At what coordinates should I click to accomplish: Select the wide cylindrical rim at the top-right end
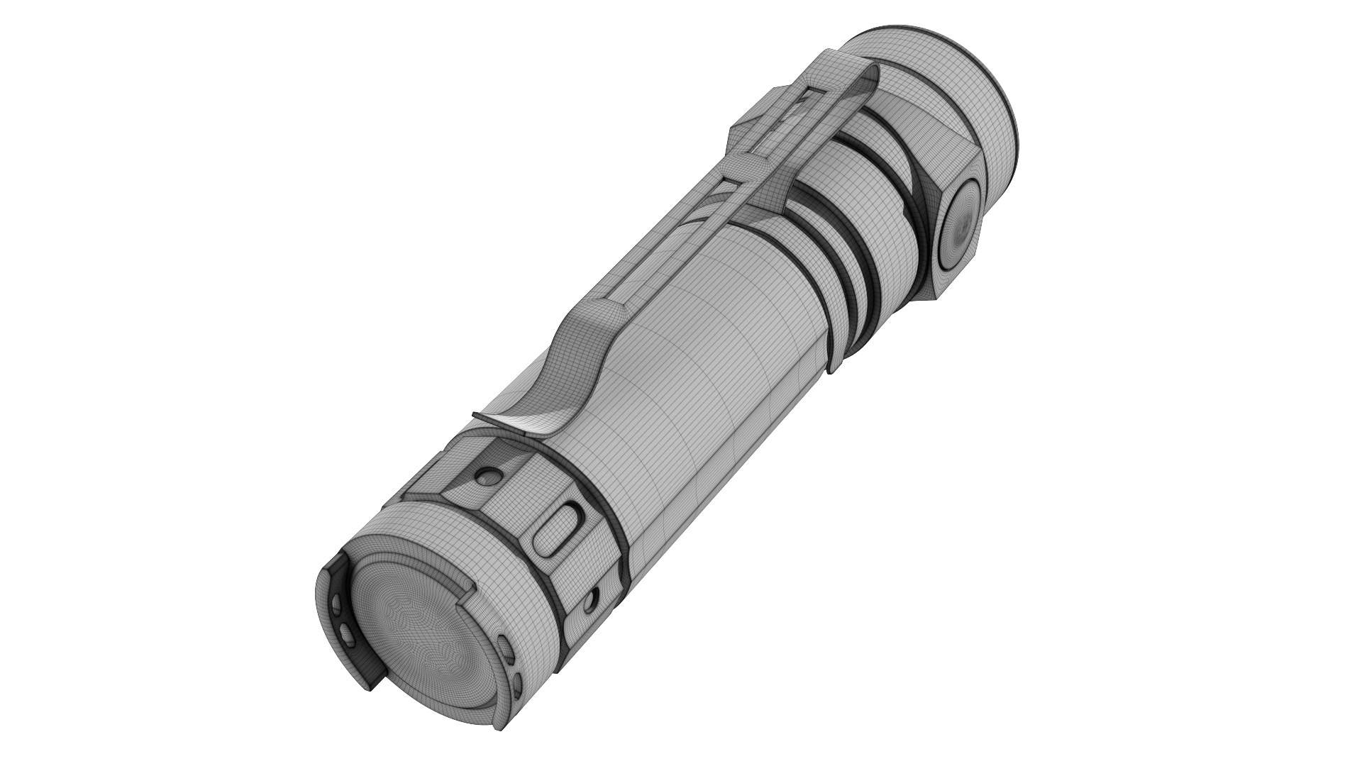(951, 85)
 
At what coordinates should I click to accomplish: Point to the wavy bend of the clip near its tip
(567, 355)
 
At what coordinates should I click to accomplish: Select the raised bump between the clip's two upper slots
(745, 168)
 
